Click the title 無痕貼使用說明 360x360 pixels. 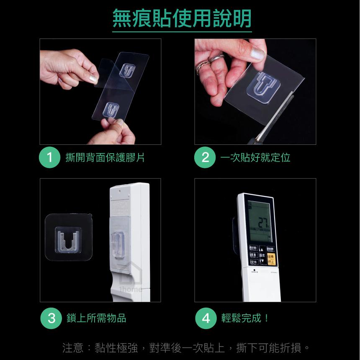(x=182, y=18)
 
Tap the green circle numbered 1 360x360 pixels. (x=49, y=158)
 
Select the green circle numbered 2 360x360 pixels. (x=205, y=158)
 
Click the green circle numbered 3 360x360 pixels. (x=51, y=318)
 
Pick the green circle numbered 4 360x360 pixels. (x=206, y=318)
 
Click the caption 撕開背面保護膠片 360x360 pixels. (x=105, y=158)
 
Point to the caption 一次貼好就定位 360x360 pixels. (x=255, y=158)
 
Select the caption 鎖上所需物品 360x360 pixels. (x=96, y=318)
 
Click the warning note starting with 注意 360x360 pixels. (x=187, y=348)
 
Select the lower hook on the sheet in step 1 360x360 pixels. (x=111, y=109)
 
